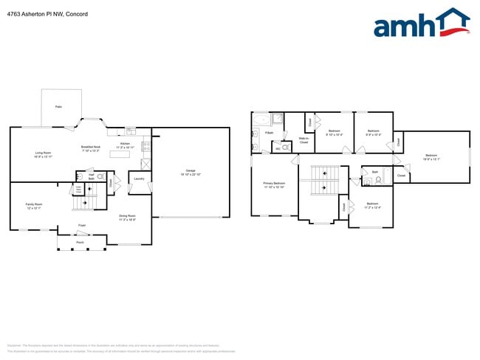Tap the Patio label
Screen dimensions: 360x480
click(58, 107)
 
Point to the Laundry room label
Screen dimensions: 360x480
click(139, 179)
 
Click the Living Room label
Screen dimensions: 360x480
click(42, 155)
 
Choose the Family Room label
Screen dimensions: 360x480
click(34, 206)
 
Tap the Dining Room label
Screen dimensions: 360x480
click(128, 218)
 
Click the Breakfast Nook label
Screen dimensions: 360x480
click(91, 149)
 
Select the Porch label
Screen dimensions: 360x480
click(80, 240)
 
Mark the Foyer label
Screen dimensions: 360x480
click(82, 225)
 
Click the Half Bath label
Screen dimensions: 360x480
click(92, 177)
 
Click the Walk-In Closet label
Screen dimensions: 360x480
click(304, 139)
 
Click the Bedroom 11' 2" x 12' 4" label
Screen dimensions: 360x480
click(372, 205)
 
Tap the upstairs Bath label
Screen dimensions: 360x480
click(375, 172)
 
